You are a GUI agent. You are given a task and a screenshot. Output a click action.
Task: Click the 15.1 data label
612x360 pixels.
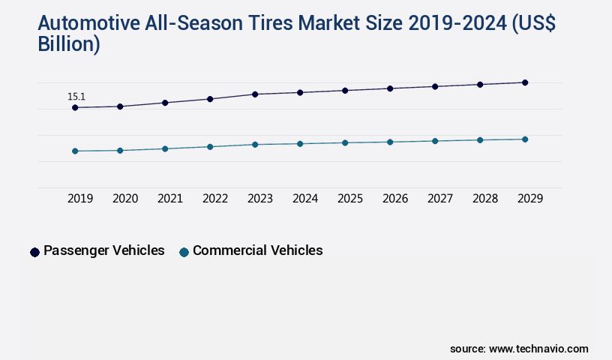click(76, 97)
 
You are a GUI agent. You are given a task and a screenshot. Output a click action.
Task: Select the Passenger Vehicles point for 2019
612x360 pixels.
click(75, 108)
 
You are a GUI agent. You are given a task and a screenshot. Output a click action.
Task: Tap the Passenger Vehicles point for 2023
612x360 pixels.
click(255, 94)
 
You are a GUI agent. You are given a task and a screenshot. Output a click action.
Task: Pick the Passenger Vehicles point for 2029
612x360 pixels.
click(525, 82)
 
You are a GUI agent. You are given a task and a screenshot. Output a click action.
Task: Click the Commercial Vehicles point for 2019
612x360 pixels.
click(75, 151)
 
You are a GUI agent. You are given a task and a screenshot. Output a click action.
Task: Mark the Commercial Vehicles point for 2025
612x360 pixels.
click(345, 142)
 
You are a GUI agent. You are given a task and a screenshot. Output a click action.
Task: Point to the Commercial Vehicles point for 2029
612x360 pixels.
click(525, 139)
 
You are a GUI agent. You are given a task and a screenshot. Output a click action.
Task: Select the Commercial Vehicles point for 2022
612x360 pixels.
click(210, 147)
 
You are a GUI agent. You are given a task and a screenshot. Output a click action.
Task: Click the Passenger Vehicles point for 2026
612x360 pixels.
click(390, 88)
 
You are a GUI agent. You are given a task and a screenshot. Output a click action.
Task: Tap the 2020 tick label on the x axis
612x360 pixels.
click(125, 199)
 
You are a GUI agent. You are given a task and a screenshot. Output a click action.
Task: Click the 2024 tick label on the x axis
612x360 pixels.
click(305, 199)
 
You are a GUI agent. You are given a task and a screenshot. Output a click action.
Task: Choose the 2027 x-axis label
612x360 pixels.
click(440, 199)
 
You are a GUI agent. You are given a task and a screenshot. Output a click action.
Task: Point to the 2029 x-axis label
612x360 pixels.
click(530, 199)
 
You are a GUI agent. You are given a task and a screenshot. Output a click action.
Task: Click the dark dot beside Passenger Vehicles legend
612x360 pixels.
click(34, 252)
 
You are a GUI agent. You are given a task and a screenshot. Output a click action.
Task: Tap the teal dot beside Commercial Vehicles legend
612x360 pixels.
click(184, 252)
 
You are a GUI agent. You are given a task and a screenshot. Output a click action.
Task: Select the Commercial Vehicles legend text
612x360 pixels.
click(257, 250)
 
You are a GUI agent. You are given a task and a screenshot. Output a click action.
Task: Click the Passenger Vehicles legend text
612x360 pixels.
click(103, 250)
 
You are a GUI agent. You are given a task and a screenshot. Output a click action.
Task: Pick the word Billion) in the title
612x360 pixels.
click(69, 44)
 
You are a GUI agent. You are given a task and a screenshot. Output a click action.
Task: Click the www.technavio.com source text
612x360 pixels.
click(538, 349)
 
